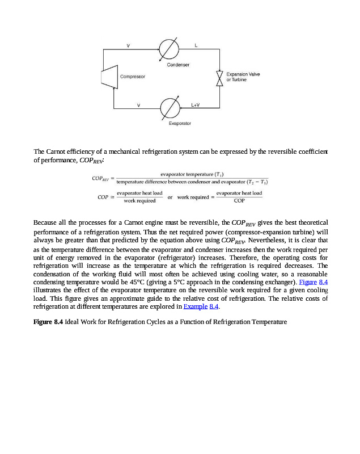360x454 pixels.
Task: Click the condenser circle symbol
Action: pyautogui.click(x=168, y=49)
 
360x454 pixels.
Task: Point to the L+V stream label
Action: pyautogui.click(x=196, y=104)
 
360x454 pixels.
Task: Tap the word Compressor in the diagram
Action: pyautogui.click(x=132, y=76)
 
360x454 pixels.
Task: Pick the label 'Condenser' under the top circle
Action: pyautogui.click(x=178, y=65)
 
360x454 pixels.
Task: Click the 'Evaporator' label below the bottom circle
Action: pyautogui.click(x=180, y=123)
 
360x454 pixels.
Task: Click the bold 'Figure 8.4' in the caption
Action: pyautogui.click(x=48, y=322)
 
